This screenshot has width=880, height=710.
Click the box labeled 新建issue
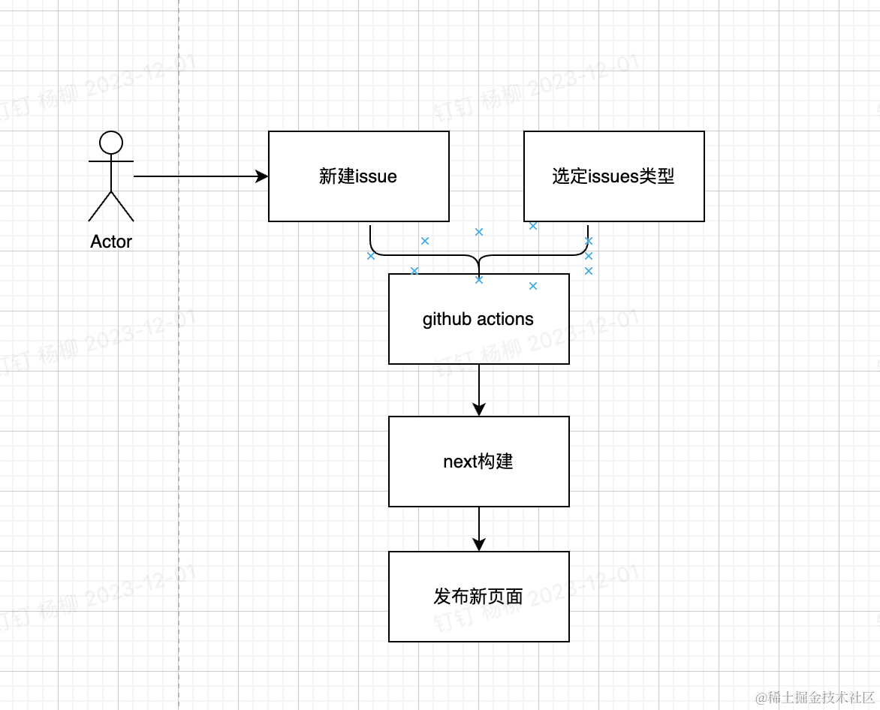pos(358,176)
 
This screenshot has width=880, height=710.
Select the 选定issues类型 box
pos(613,176)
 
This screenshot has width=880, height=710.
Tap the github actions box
pos(478,319)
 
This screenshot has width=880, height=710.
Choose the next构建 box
pos(478,462)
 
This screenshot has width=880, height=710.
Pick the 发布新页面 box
pos(478,597)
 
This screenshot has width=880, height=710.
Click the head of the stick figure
pos(111,142)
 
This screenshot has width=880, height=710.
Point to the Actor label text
pos(111,242)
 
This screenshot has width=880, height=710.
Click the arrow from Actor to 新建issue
pos(195,176)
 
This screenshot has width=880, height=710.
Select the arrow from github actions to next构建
pos(479,387)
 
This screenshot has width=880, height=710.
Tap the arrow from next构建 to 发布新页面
pos(479,525)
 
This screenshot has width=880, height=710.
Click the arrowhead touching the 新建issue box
pos(262,176)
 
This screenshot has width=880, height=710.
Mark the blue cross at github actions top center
pos(479,280)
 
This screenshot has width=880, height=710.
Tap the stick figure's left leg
pos(100,206)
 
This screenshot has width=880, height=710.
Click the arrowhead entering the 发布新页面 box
pos(479,545)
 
